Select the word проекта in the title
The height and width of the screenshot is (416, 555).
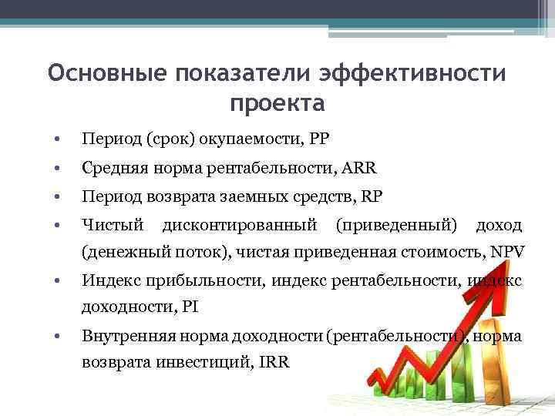(x=277, y=102)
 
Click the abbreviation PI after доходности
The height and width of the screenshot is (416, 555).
(x=190, y=306)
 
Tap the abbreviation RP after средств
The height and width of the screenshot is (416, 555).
(x=371, y=196)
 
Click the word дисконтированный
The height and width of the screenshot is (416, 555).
(x=240, y=225)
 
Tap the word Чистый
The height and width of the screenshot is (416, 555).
(x=113, y=225)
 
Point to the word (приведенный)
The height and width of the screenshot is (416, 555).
(x=394, y=225)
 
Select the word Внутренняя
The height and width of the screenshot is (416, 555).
(x=128, y=337)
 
